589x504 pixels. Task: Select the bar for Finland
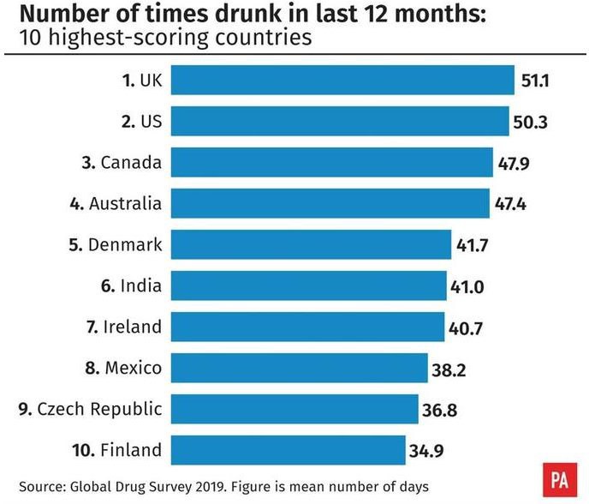(x=288, y=450)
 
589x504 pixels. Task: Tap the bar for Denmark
(x=311, y=244)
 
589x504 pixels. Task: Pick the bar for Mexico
(x=299, y=368)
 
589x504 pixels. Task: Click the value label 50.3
(x=530, y=122)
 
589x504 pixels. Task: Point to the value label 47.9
(x=512, y=163)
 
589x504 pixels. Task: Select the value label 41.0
(x=467, y=286)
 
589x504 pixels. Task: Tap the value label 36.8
(x=439, y=410)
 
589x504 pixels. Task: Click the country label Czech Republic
(x=99, y=409)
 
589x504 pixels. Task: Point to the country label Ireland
(x=133, y=327)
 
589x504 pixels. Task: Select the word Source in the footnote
(x=42, y=486)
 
